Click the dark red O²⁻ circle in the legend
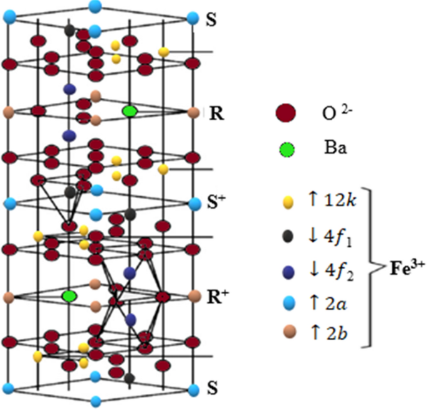285,114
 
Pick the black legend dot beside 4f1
287,235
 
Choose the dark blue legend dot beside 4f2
287,270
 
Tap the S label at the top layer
212,19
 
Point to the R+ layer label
215,294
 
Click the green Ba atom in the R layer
130,111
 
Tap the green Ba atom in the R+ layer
69,295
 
